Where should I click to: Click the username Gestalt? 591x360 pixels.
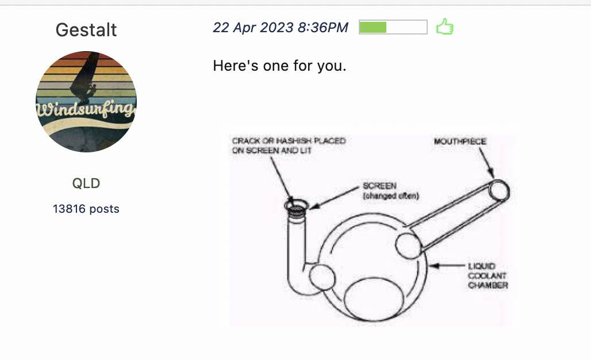tap(86, 30)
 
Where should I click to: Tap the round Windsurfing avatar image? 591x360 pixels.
tap(86, 102)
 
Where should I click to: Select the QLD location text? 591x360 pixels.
tap(86, 183)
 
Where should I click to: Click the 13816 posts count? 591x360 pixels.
tap(86, 209)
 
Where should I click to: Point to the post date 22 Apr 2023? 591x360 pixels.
tap(253, 28)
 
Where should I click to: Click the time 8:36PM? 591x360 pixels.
tap(323, 28)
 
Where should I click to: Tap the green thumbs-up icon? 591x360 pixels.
tap(445, 27)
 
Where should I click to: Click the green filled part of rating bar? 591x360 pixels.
tap(373, 28)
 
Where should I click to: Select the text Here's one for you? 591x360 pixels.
tap(279, 66)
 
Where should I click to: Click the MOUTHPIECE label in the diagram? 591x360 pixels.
tap(460, 141)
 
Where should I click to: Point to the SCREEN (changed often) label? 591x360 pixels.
tap(390, 191)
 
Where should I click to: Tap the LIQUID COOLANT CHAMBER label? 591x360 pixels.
tap(488, 275)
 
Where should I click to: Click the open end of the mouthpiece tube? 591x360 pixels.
tap(499, 191)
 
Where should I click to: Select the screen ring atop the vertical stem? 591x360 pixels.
tap(296, 205)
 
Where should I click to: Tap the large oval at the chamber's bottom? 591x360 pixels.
tap(374, 299)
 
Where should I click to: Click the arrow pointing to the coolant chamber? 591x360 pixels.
tap(447, 266)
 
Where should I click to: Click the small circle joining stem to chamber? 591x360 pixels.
tap(322, 277)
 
